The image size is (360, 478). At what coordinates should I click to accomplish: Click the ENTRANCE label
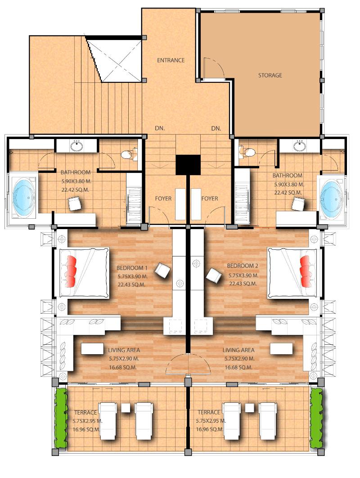(x=171, y=60)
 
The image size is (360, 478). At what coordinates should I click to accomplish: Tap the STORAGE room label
(x=270, y=75)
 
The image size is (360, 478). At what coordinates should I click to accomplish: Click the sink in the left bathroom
(x=76, y=146)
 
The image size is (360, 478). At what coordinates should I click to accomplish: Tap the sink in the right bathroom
(x=300, y=146)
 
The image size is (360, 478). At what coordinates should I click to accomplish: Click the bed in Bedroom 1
(x=84, y=273)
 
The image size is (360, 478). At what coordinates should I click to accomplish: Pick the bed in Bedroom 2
(x=292, y=273)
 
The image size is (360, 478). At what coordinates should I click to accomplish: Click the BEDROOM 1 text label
(x=132, y=268)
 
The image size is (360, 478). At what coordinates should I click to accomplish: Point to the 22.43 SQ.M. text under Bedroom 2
(x=243, y=284)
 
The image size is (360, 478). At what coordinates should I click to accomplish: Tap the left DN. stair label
(x=160, y=128)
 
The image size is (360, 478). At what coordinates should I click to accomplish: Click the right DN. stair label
(x=216, y=129)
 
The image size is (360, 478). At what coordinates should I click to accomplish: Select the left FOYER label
(x=163, y=198)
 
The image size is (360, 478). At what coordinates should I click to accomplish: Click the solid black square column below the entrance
(x=188, y=165)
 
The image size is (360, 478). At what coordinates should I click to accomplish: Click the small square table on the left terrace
(x=126, y=408)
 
